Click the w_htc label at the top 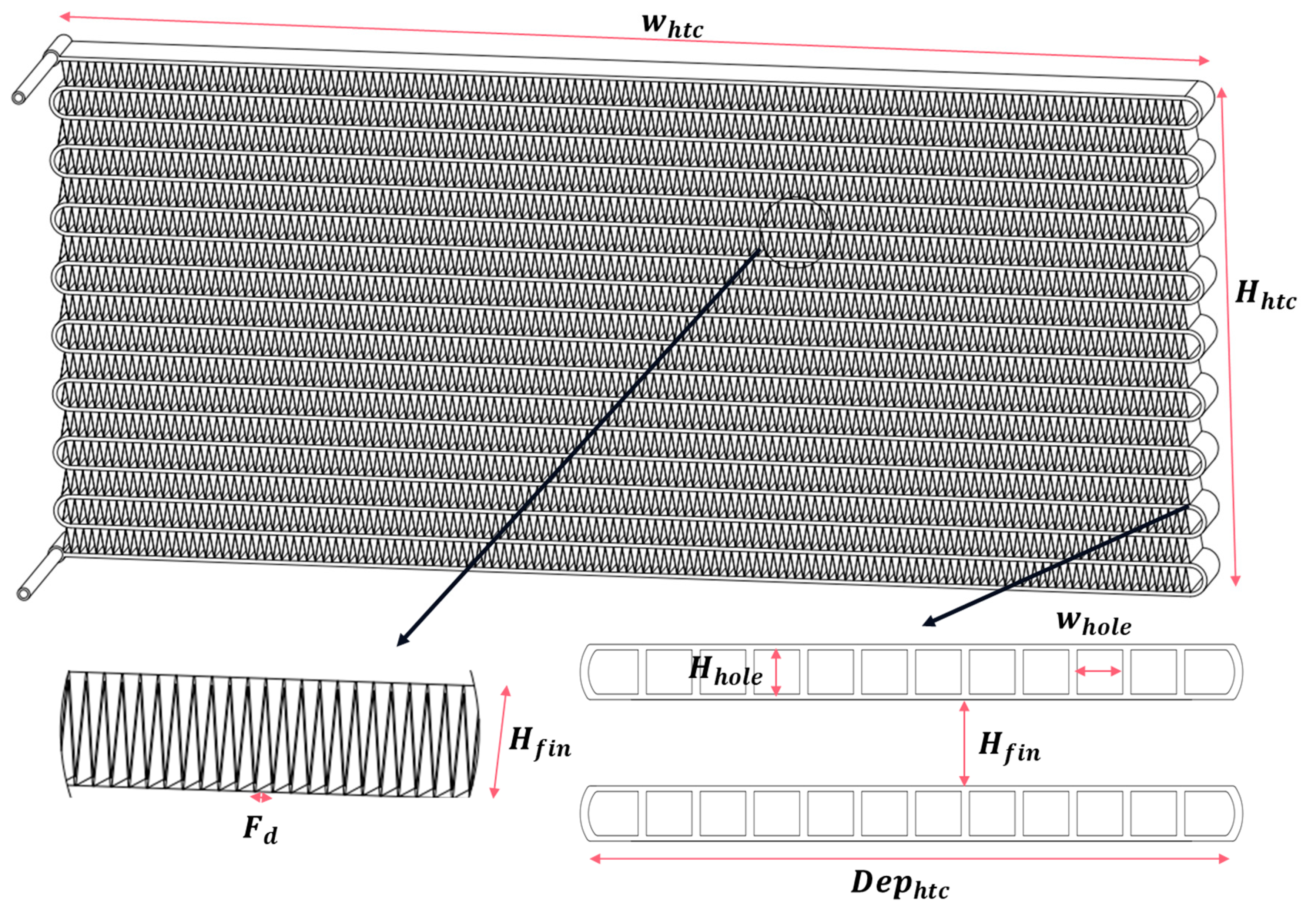click(673, 26)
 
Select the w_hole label click(1093, 623)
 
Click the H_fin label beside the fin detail click(540, 743)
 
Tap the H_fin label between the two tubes click(1009, 747)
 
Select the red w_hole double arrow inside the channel click(1098, 671)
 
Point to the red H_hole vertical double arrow click(776, 672)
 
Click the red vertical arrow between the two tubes click(964, 743)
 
